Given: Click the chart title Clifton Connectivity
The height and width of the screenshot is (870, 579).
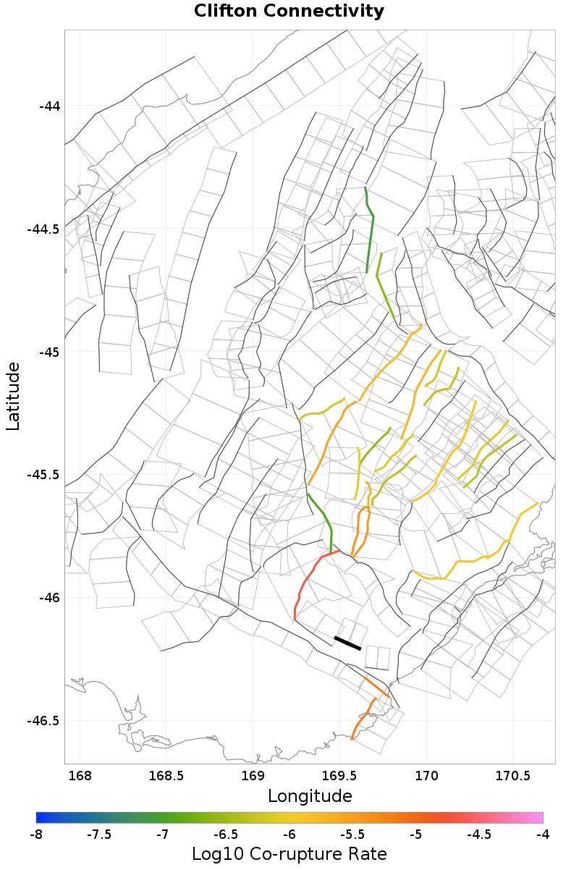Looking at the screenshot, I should [x=289, y=12].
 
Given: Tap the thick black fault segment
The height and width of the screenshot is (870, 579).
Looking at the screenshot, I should [x=347, y=643].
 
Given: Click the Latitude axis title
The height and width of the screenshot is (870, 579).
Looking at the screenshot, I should [x=13, y=397].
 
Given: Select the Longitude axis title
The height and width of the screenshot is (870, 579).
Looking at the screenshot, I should [x=310, y=796].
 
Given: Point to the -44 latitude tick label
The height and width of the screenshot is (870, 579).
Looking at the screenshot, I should [x=49, y=106].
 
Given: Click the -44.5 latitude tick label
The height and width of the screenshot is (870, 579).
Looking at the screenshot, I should [x=43, y=229].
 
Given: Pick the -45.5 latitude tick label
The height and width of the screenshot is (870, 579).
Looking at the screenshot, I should [x=43, y=475].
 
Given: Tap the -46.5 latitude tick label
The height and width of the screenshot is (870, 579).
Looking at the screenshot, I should [x=43, y=721].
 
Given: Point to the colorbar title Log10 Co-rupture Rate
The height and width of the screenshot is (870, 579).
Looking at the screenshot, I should [x=289, y=853].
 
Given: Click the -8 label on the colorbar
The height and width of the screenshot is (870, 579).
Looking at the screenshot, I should [x=36, y=834].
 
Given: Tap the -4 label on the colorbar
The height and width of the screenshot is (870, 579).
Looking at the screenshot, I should [x=542, y=834].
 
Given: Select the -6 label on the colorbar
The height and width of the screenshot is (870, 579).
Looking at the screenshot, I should [x=289, y=834].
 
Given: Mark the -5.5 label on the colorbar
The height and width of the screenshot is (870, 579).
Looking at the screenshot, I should [x=352, y=834].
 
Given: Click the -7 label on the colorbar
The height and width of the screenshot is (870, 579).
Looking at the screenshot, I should [x=163, y=834].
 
